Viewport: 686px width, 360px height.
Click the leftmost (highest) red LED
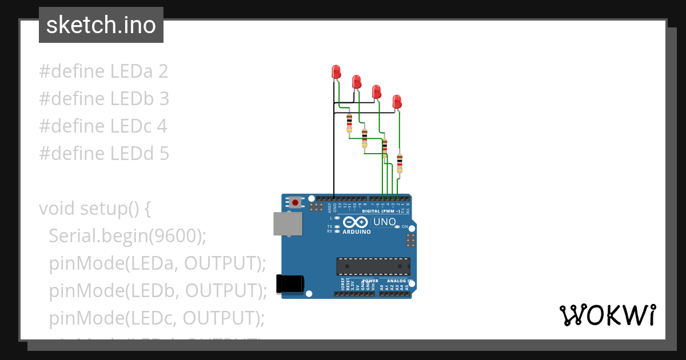(x=336, y=71)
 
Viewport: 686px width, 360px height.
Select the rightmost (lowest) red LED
(x=397, y=102)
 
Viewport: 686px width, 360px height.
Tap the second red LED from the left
(x=356, y=81)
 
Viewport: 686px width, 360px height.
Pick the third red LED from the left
(x=376, y=91)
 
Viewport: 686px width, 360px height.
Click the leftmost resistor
(x=349, y=123)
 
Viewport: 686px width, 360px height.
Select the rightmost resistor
(x=399, y=162)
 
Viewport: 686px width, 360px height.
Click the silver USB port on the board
(x=288, y=224)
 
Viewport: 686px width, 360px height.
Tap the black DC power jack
(x=289, y=284)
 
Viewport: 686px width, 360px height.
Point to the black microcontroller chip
(x=373, y=266)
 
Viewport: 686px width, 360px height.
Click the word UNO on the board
(x=384, y=222)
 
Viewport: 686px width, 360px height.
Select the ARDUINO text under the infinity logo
(x=357, y=232)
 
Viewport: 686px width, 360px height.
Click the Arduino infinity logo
(x=356, y=222)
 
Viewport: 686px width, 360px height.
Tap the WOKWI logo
(x=607, y=315)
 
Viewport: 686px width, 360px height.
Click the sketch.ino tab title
(x=101, y=25)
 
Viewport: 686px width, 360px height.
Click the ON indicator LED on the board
(x=397, y=227)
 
